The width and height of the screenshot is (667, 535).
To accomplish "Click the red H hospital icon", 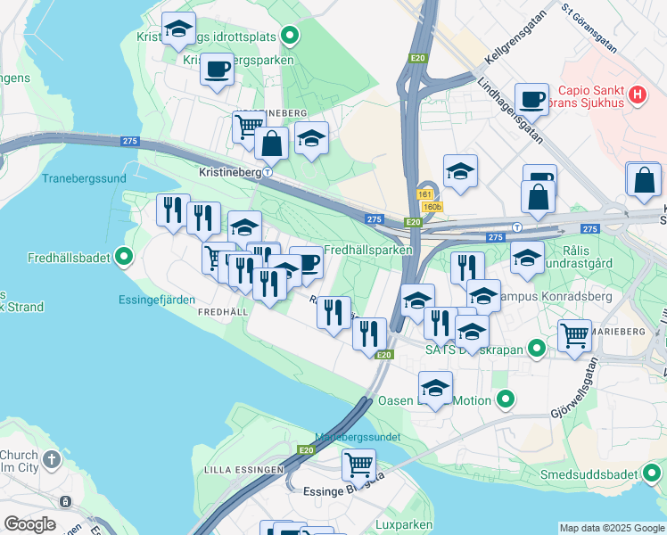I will tap(638, 94).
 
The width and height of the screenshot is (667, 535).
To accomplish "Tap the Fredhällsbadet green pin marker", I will tap(125, 259).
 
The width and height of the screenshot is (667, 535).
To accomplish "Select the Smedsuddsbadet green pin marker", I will tap(654, 474).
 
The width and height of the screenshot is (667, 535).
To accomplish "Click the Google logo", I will tap(29, 524).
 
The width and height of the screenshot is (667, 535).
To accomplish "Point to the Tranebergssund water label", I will tap(84, 178).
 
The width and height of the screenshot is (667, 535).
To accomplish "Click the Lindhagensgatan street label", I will tap(511, 113).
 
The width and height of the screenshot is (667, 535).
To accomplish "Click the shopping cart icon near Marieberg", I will tap(574, 335).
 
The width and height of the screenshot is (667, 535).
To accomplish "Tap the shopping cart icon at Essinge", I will tap(358, 463).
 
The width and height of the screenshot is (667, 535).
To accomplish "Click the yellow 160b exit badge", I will tap(432, 207).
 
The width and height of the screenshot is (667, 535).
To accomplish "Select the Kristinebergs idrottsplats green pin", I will tap(289, 37).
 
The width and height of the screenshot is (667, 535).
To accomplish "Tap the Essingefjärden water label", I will tap(157, 300).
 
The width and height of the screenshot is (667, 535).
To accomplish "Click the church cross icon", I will tap(52, 459).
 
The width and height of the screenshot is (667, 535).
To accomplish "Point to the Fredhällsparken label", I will tap(368, 251).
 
